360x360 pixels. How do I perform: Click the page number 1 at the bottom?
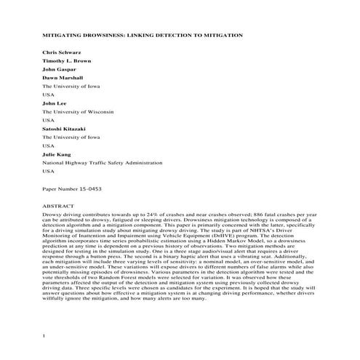tap(44, 335)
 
